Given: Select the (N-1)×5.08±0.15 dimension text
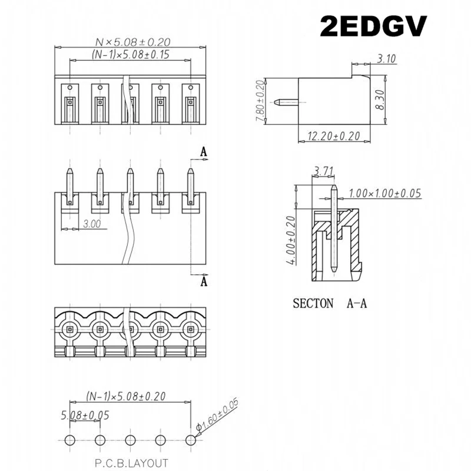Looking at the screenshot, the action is tap(131, 54).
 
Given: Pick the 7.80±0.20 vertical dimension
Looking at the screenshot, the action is tap(258, 101).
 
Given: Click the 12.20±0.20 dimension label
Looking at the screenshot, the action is tap(333, 135).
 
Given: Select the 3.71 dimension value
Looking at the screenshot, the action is tap(326, 171).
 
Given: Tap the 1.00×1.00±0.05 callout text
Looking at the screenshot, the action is tap(385, 193).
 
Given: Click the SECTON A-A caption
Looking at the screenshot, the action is tap(330, 304).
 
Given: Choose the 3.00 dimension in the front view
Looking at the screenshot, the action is tap(91, 224).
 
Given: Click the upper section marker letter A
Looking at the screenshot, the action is tap(204, 152).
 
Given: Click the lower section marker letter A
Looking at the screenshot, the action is tap(204, 282).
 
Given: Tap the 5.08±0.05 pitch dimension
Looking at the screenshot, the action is tap(86, 415).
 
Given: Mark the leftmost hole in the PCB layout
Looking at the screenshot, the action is tap(69, 439).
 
